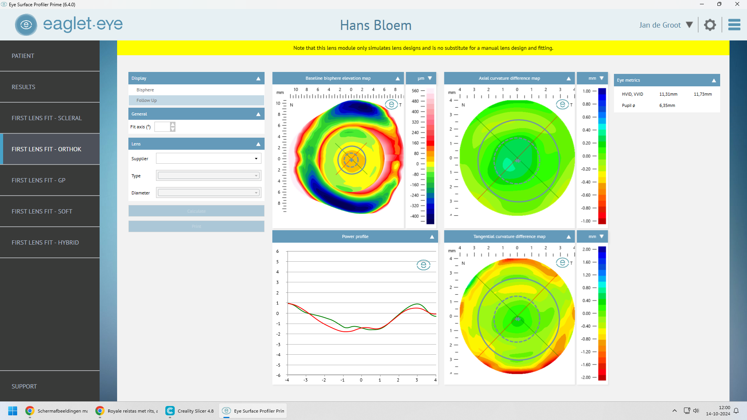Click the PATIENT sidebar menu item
(23, 56)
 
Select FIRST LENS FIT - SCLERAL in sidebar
(47, 118)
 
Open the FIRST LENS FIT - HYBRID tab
(45, 243)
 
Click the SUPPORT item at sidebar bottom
(24, 387)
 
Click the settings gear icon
(710, 25)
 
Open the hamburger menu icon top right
(734, 25)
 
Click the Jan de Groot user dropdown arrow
(689, 25)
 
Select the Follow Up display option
(147, 100)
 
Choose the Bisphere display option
(145, 90)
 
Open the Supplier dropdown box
(208, 159)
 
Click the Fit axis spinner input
(162, 127)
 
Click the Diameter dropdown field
(208, 193)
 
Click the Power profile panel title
(355, 236)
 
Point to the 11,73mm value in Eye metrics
(703, 94)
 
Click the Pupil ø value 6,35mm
(667, 105)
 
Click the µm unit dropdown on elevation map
(424, 78)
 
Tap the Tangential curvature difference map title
(509, 236)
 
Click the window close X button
(737, 4)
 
